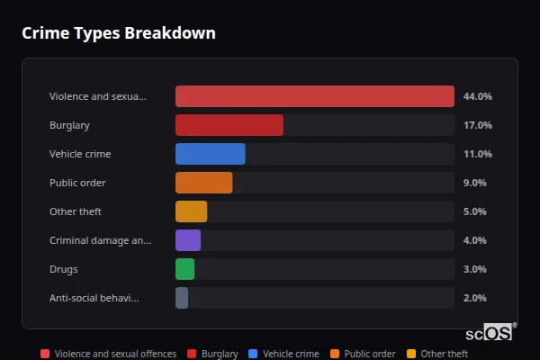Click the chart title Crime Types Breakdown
(118, 33)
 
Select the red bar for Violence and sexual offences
(314, 96)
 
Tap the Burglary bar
(229, 125)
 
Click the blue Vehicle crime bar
(210, 154)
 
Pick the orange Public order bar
(203, 183)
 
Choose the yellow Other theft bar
(191, 211)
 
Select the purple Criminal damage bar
(187, 240)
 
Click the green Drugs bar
(184, 269)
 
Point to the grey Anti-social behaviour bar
(181, 298)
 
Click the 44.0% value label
(477, 96)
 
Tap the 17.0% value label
(477, 125)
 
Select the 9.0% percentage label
(474, 183)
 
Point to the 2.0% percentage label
(474, 298)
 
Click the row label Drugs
(63, 269)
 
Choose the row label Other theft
(76, 211)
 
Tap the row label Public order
(77, 183)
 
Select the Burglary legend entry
(213, 354)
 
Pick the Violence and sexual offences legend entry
(108, 354)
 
